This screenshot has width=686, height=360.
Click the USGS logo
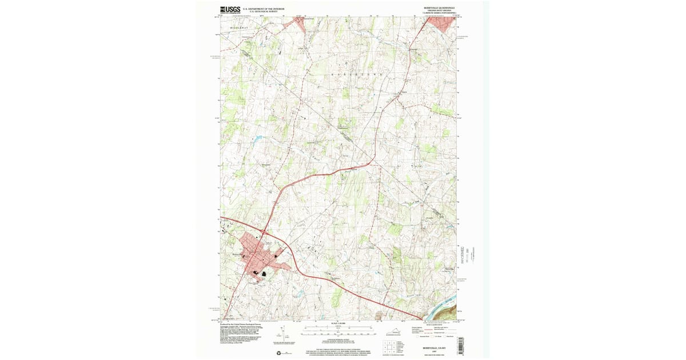click(230, 9)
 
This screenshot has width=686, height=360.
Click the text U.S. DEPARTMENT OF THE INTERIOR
click(264, 9)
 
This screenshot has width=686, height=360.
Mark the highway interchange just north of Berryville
click(264, 233)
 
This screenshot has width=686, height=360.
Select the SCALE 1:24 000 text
click(340, 323)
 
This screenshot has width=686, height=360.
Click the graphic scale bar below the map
click(340, 330)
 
